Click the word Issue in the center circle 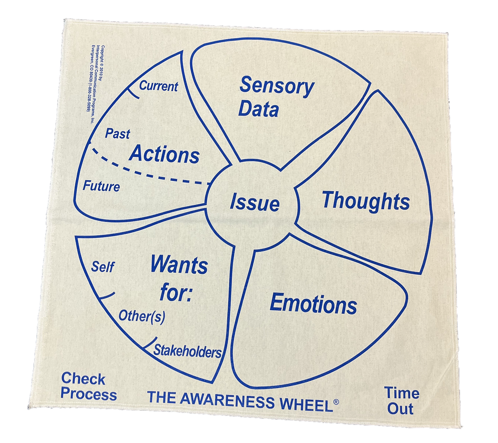coord(255,203)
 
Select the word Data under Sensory coord(259,110)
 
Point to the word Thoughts coord(366,201)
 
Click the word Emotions coord(313,304)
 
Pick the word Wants coord(179,266)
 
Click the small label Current coord(158,86)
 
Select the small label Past coord(118,134)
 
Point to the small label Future coord(101,187)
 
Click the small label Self coord(102,267)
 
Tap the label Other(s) coord(142,316)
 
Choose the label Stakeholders coord(187,351)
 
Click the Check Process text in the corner coord(89,387)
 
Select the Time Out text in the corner coord(402,401)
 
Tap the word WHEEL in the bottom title coord(305,403)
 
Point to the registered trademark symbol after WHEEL coord(336,402)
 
